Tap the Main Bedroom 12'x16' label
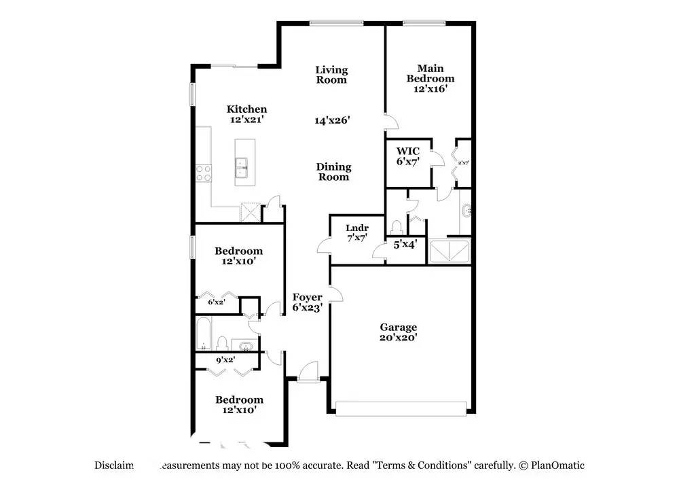430,78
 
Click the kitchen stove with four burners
203,173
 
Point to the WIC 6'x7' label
408,156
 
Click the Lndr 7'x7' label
356,233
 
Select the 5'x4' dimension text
405,243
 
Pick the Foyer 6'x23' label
307,302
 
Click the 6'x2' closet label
217,302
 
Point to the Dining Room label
333,172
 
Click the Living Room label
331,75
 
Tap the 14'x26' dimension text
331,120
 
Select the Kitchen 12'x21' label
246,114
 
